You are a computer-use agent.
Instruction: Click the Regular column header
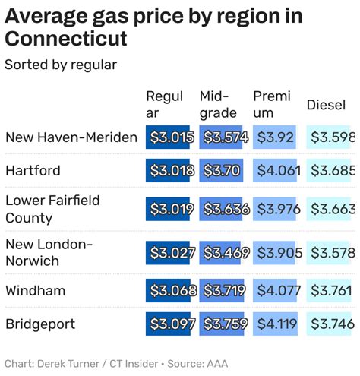pos(165,104)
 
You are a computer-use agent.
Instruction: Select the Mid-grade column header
pos(218,104)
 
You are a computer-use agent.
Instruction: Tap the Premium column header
pos(272,104)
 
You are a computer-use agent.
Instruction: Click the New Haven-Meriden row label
pos(71,137)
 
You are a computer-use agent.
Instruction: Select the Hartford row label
pos(33,171)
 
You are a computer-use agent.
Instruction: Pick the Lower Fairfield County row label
pos(52,209)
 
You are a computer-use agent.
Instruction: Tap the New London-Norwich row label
pos(49,252)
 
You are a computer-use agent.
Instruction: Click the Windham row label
pos(35,291)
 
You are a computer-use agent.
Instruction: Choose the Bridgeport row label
pos(40,324)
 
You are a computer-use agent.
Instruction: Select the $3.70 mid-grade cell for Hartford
pos(220,171)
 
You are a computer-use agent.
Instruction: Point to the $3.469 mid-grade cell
pos(220,252)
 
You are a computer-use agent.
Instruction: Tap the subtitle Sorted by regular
pos(61,65)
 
